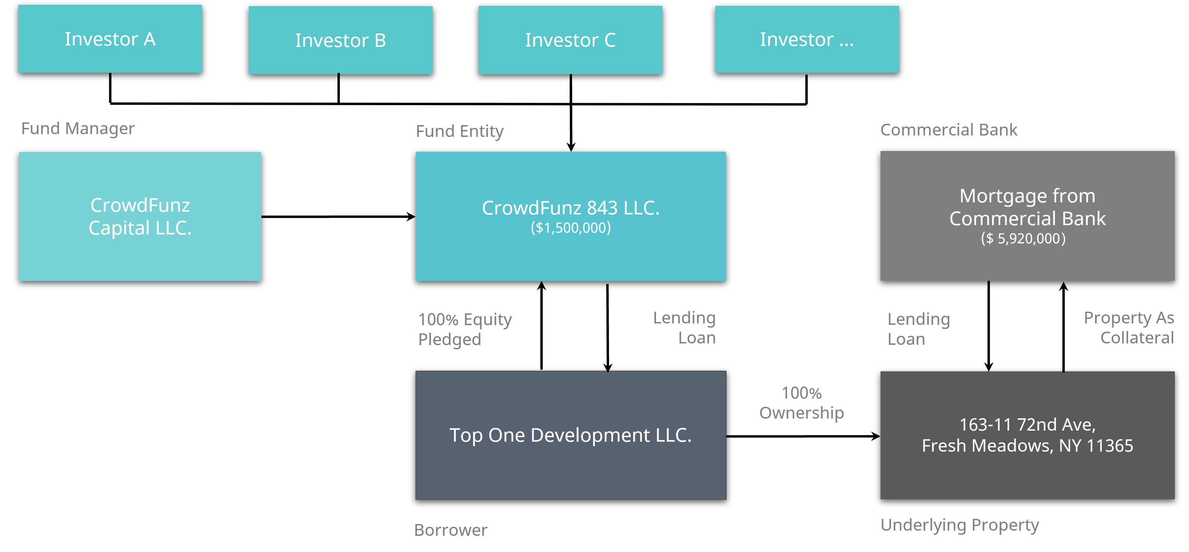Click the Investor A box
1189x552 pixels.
(x=110, y=39)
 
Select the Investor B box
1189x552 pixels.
(x=340, y=40)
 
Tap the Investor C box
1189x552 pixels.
(x=570, y=40)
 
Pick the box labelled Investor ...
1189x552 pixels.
(x=806, y=39)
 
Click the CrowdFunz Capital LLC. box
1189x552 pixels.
(x=140, y=216)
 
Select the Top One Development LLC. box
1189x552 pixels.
(x=570, y=435)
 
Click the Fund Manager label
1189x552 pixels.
(x=78, y=128)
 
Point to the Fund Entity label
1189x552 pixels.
(x=459, y=131)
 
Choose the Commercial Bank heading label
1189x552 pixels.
(x=949, y=130)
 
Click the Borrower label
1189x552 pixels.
(x=451, y=530)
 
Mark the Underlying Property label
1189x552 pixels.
(x=960, y=525)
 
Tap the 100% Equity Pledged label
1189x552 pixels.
(x=465, y=329)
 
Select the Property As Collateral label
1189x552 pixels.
(x=1129, y=328)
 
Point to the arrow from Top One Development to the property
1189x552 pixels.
(x=803, y=436)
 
